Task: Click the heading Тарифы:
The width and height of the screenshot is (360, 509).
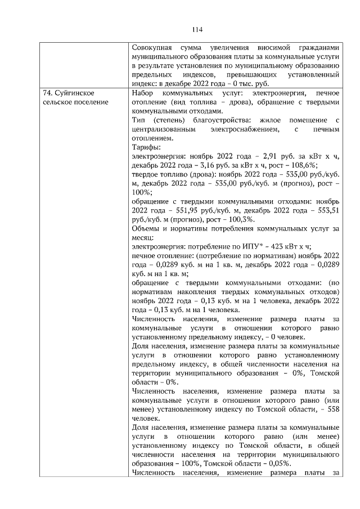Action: pos(144,147)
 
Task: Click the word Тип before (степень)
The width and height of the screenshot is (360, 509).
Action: pos(137,120)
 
